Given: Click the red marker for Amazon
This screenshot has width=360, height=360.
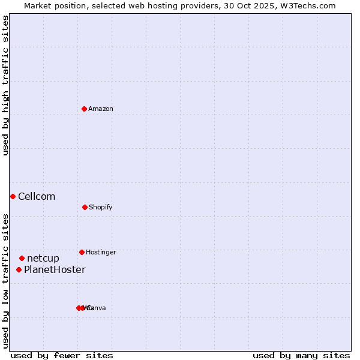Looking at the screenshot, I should tap(84, 109).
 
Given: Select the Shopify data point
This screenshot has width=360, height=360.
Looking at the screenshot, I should tap(85, 207).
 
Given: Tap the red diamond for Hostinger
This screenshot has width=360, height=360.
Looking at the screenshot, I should tap(82, 252).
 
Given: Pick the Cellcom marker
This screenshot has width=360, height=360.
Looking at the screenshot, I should tap(13, 196).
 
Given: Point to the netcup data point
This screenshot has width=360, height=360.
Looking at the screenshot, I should tap(22, 258).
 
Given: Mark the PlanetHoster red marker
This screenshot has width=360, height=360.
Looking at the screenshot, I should tap(19, 269).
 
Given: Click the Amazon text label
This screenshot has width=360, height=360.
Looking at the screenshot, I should tap(100, 109).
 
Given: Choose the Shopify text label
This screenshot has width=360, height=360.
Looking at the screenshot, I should tap(100, 207).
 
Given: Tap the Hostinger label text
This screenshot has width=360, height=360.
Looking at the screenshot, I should tap(101, 252).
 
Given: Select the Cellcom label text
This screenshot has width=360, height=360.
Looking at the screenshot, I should tap(37, 196).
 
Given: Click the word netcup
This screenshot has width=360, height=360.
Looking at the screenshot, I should tap(43, 258).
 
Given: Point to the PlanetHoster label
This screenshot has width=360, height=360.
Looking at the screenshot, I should tap(55, 269).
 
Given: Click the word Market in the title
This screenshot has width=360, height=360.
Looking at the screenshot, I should tap(38, 5).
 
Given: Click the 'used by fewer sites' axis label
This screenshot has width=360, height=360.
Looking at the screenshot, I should tap(62, 355).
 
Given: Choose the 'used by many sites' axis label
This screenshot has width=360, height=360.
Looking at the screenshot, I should tap(301, 355).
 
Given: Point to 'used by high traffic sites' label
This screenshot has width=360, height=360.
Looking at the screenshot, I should tap(5, 85).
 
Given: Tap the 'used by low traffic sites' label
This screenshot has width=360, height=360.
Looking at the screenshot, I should tap(5, 281).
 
